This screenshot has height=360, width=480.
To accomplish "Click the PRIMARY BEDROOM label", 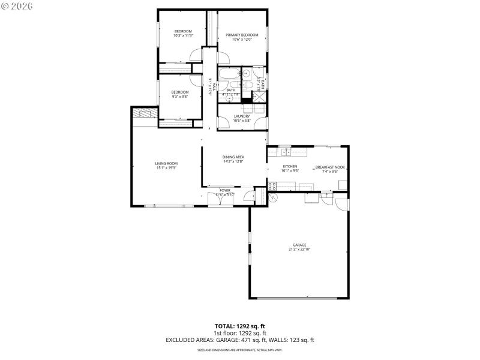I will click(x=242, y=35).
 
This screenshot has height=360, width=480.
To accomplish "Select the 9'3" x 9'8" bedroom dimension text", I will click(x=180, y=97).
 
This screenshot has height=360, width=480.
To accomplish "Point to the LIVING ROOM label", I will click(x=166, y=163).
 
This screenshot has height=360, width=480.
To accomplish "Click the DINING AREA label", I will click(x=233, y=157).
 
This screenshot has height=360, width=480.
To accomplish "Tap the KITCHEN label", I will click(x=290, y=166).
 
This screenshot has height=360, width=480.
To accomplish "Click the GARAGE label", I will click(x=299, y=245).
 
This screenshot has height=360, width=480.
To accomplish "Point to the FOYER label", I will click(x=225, y=190).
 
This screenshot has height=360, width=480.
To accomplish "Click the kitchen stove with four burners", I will click(x=272, y=186).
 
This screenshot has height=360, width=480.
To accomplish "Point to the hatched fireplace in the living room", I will click(x=143, y=113).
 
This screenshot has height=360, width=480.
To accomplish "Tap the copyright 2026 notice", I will click(x=17, y=5).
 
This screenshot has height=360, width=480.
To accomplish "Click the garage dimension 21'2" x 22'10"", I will click(x=299, y=249).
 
